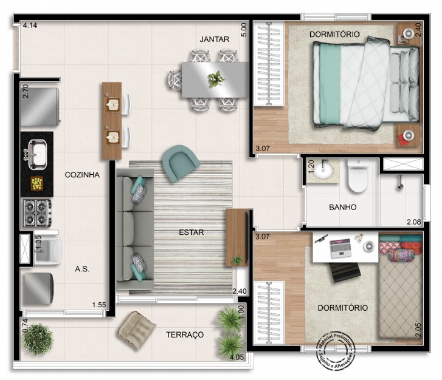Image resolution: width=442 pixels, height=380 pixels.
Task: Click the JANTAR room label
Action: point(215,39)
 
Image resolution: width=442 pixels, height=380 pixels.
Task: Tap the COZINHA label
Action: point(82,175)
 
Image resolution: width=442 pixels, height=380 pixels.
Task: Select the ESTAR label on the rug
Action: point(191,232)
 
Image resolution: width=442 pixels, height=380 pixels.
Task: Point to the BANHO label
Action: point(342,207)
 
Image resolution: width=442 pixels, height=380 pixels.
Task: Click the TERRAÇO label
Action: point(185,334)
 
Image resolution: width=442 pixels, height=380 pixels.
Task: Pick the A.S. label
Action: point(82,269)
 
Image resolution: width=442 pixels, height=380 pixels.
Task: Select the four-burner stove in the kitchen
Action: point(37,212)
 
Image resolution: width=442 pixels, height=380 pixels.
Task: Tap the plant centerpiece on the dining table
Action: point(215,79)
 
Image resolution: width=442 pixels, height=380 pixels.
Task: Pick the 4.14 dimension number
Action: point(30,26)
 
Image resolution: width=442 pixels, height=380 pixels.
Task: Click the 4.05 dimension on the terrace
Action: point(237,358)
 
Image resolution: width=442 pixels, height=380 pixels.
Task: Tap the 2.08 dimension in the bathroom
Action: point(413,221)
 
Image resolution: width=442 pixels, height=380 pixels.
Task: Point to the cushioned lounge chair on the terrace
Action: point(137,330)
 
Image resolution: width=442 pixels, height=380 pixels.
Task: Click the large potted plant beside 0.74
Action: point(38,339)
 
